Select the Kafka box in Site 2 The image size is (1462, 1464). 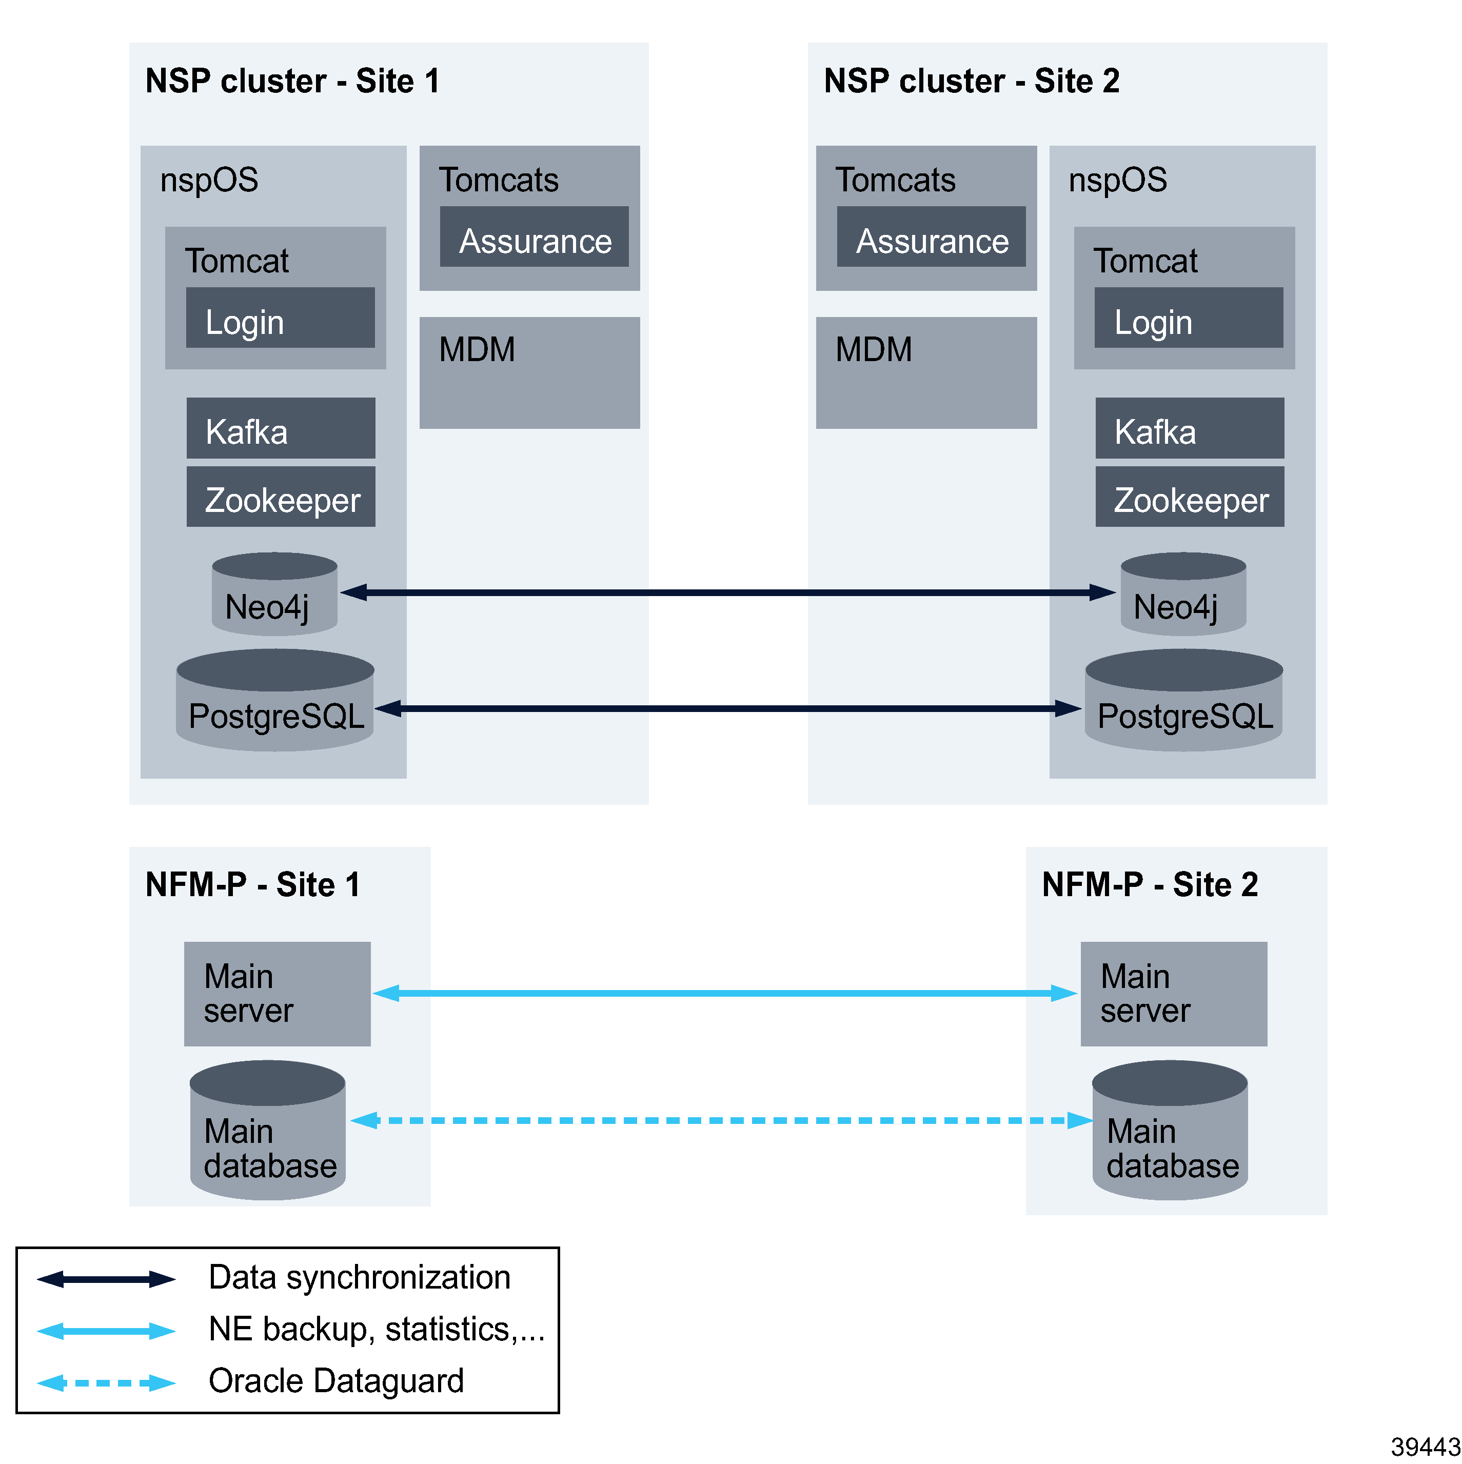(x=1189, y=428)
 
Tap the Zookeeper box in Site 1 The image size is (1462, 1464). (x=281, y=497)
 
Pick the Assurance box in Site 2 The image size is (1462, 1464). (x=930, y=236)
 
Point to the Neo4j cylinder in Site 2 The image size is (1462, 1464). (x=1182, y=595)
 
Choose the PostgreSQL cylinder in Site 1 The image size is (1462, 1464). (x=274, y=701)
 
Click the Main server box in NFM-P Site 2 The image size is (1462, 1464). (x=1173, y=994)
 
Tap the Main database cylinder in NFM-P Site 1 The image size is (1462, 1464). (x=268, y=1131)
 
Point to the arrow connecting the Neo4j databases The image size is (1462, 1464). (x=727, y=592)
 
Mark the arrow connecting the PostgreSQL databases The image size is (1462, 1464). (x=727, y=708)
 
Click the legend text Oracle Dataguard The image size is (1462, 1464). (x=336, y=1381)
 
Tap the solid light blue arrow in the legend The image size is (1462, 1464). (x=106, y=1331)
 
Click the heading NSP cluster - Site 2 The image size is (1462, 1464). (x=971, y=81)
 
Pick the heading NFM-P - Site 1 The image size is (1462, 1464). (x=252, y=884)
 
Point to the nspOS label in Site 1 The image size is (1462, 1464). (x=209, y=181)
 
